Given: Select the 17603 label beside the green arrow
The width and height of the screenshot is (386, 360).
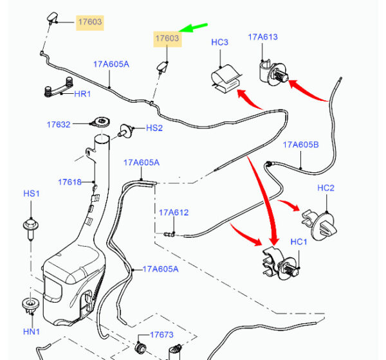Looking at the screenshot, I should (x=167, y=39).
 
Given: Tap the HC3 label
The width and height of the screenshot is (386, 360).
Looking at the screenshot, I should (x=220, y=42).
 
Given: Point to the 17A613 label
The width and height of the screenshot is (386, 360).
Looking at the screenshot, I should (x=262, y=37).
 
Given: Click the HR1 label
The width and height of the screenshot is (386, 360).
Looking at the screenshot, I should (x=84, y=94).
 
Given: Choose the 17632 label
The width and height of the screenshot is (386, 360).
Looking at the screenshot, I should (x=58, y=124).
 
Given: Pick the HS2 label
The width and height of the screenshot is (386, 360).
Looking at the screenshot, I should (x=154, y=128).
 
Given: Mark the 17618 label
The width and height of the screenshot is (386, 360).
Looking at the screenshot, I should (x=69, y=182).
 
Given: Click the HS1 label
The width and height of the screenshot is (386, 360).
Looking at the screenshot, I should (x=32, y=194).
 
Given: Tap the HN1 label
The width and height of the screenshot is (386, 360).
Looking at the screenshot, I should (x=32, y=332).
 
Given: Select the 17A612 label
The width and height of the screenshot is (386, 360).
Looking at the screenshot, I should (x=174, y=212).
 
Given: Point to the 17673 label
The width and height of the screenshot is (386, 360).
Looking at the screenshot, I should (x=162, y=335).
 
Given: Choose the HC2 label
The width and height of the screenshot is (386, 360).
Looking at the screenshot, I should (x=326, y=188).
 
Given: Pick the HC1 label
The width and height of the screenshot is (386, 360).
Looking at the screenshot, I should (x=299, y=242).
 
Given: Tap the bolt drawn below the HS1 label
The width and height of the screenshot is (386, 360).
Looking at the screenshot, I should (x=30, y=226).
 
